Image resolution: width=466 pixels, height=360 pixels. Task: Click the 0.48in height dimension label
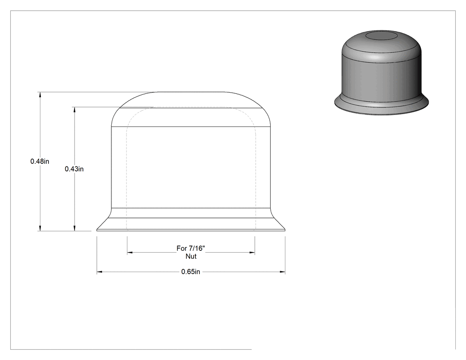pyautogui.click(x=40, y=162)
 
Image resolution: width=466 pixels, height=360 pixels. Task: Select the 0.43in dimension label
pyautogui.click(x=74, y=169)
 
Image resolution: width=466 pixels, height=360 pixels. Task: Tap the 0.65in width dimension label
pyautogui.click(x=190, y=272)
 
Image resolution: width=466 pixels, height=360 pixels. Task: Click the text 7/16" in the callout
pyautogui.click(x=197, y=248)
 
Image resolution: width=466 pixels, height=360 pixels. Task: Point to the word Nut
pyautogui.click(x=191, y=256)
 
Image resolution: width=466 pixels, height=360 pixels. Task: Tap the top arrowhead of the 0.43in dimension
pyautogui.click(x=74, y=110)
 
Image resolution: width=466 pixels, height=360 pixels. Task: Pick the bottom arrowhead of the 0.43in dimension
pyautogui.click(x=74, y=228)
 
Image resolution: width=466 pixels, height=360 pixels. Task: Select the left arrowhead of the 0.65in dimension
pyautogui.click(x=99, y=272)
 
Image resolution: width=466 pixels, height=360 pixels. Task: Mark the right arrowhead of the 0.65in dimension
pyautogui.click(x=282, y=272)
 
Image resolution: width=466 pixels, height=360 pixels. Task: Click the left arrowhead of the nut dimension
pyautogui.click(x=130, y=253)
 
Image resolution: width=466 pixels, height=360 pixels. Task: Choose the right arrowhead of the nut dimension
pyautogui.click(x=252, y=253)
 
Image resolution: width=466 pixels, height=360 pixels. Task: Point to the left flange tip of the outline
pyautogui.click(x=97, y=230)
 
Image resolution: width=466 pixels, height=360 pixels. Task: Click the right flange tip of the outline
pyautogui.click(x=285, y=230)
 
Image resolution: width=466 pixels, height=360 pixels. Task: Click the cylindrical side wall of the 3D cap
pyautogui.click(x=382, y=77)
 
